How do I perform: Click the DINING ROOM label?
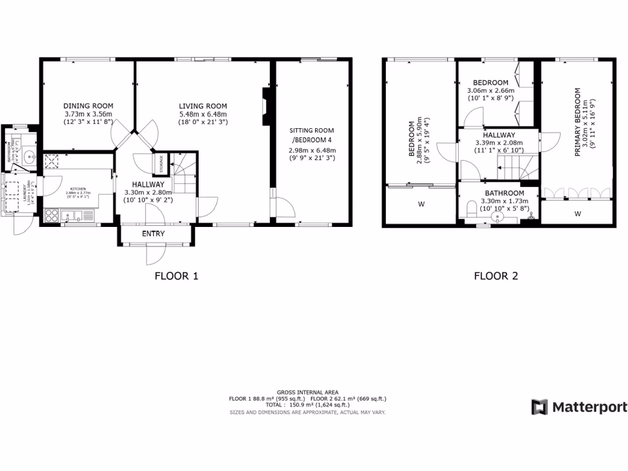(88, 105)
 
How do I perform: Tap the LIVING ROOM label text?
(203, 105)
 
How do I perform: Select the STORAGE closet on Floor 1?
(161, 164)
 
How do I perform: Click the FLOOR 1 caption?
(176, 276)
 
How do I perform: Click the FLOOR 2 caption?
(496, 276)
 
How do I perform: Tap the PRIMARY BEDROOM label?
(577, 123)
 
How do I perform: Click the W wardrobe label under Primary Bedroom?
(577, 214)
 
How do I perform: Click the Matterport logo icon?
(539, 407)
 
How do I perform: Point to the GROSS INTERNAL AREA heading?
(307, 392)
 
